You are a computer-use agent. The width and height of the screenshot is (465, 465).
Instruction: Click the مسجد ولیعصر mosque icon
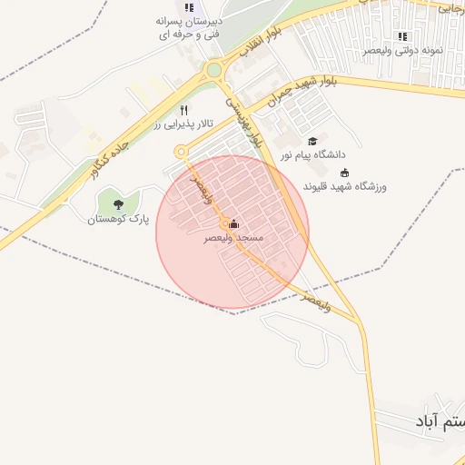coord(233,223)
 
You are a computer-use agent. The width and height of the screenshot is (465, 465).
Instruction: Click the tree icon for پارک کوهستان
coord(119,204)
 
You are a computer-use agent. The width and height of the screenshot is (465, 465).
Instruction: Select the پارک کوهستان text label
coord(117,219)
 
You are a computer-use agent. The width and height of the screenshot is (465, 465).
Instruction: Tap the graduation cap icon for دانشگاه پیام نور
coord(312,141)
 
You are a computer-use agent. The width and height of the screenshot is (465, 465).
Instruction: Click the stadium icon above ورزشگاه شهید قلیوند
coord(343,173)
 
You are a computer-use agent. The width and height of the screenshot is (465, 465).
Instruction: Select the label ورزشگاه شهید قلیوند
coord(344,187)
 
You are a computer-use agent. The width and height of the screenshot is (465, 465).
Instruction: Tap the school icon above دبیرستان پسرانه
coord(189,7)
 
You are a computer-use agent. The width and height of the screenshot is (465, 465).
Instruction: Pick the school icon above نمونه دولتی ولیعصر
coord(402,36)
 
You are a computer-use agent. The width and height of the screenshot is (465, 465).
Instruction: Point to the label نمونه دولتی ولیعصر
coord(402,51)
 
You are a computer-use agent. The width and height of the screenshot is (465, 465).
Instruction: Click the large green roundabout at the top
coord(214,69)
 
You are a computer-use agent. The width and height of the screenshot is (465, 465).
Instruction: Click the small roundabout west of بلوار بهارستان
coord(181,151)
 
